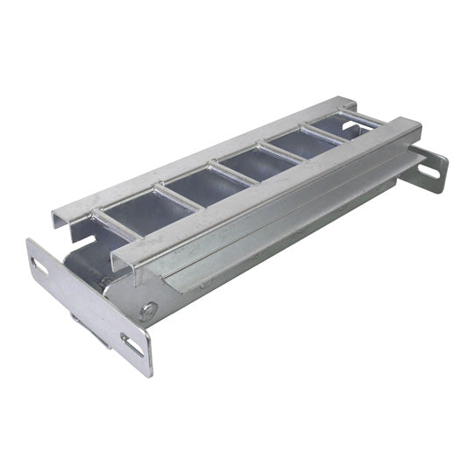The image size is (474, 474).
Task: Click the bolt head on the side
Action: pos(151,308)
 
